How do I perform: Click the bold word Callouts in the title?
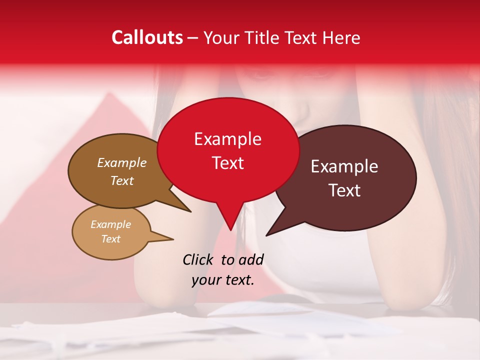click(x=147, y=37)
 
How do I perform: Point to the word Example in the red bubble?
click(x=227, y=139)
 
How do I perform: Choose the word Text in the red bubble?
click(x=227, y=163)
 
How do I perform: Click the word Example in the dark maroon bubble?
click(x=344, y=166)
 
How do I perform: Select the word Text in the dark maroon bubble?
click(x=344, y=190)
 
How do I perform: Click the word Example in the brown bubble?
click(x=121, y=163)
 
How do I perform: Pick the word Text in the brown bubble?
click(x=121, y=180)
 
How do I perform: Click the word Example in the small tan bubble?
click(x=110, y=224)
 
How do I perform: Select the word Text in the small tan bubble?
click(x=110, y=239)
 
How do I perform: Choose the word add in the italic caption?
click(x=251, y=259)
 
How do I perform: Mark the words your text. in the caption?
click(x=223, y=280)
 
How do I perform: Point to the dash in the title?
click(x=193, y=38)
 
